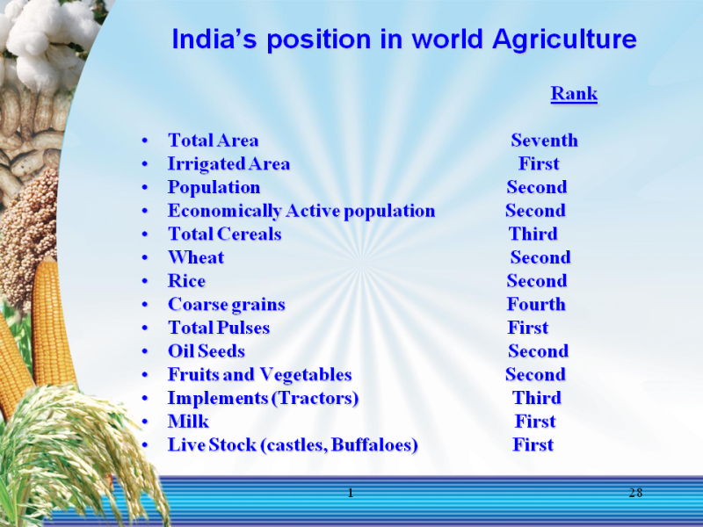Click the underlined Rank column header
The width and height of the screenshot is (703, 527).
(x=574, y=94)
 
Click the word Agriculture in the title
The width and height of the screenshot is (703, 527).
(x=564, y=40)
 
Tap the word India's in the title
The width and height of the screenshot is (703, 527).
(x=214, y=39)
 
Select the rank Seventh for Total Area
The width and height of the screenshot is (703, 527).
(x=544, y=141)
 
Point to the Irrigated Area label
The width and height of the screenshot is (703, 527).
(x=228, y=164)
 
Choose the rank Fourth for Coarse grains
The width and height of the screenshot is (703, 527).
(x=536, y=304)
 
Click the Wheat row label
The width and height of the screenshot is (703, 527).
(x=196, y=257)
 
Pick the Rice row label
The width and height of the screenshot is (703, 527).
(x=186, y=281)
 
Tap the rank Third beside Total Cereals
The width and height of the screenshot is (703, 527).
(x=533, y=234)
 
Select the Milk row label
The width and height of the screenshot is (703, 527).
(x=188, y=422)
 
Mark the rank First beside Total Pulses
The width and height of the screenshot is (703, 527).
(x=528, y=328)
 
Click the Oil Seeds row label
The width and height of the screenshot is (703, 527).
(x=207, y=351)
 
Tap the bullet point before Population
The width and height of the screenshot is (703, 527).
(x=144, y=188)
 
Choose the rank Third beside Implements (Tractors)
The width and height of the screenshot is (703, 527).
(x=537, y=398)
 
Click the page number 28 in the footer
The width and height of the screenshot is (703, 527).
(x=635, y=493)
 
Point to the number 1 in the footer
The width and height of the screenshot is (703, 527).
(x=351, y=493)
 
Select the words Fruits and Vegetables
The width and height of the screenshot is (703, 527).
(x=259, y=375)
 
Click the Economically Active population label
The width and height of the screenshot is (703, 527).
(x=301, y=211)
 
